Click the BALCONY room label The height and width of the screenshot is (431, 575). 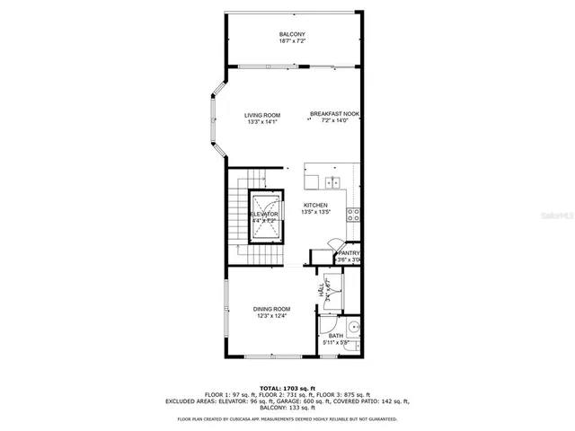[291, 34]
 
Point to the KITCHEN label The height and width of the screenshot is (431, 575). [314, 205]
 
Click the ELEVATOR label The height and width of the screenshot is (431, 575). [264, 214]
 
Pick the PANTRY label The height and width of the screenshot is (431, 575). [349, 253]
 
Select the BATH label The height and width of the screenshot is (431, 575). [335, 336]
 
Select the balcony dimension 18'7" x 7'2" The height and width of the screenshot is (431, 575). [291, 41]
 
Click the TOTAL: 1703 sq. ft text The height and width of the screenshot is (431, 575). [287, 387]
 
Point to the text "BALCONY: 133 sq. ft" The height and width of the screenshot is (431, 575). [287, 409]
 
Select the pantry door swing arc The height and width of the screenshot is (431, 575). [332, 244]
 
